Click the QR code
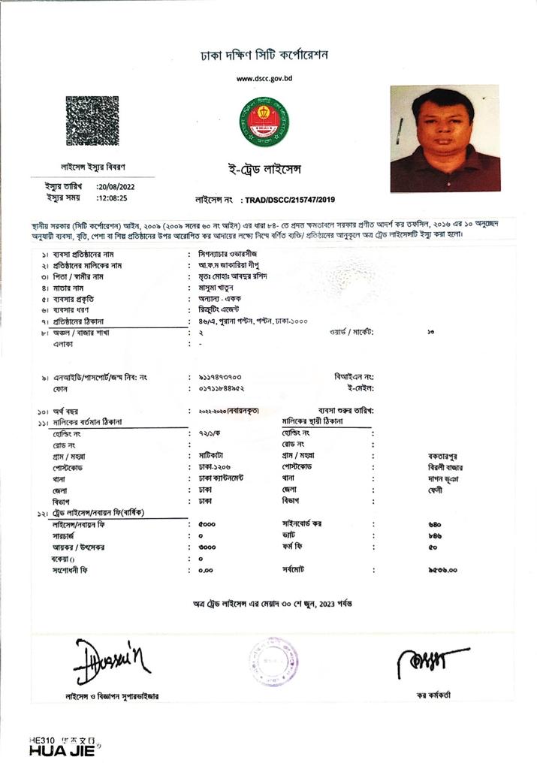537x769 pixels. [92, 121]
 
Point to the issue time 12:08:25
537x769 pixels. [113, 198]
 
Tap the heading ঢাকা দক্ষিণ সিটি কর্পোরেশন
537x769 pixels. [264, 55]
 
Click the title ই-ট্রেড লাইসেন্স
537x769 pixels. [264, 170]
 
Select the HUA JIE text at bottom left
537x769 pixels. [63, 750]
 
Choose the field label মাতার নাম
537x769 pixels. [67, 288]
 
